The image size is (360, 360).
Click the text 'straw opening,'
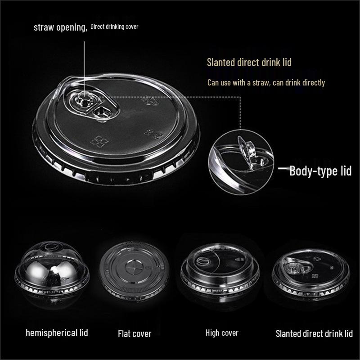click(x=61, y=27)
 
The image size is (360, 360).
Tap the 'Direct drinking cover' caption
click(x=114, y=27)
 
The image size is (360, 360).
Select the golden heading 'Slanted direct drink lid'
click(x=249, y=63)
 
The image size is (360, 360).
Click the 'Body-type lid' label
click(x=320, y=171)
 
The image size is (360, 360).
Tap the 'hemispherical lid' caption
click(x=57, y=333)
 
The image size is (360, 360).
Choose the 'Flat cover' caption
click(x=135, y=334)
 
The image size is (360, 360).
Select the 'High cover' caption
click(x=222, y=333)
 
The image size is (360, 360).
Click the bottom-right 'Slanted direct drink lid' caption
click(x=314, y=333)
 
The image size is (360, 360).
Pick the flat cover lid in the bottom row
click(x=134, y=271)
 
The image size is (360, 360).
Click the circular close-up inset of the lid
click(x=241, y=162)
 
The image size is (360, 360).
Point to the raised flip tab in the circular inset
click(x=247, y=148)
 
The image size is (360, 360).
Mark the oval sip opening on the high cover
click(x=202, y=261)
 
